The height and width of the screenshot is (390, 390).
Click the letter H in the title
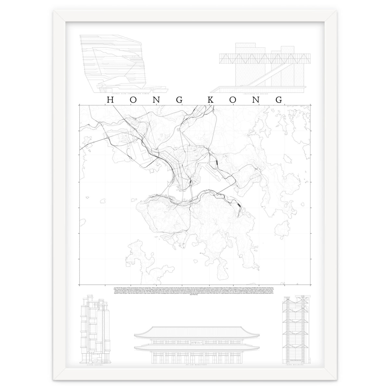coord(110,100)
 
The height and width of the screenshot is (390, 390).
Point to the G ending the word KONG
coord(279,100)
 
